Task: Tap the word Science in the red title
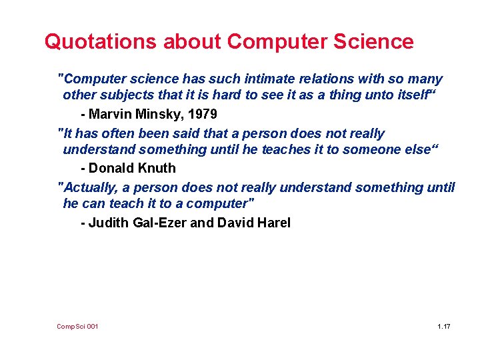(x=375, y=41)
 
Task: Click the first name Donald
(x=113, y=168)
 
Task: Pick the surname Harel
(x=273, y=223)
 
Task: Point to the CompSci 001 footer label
(x=78, y=327)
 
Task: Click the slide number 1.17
(x=444, y=327)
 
